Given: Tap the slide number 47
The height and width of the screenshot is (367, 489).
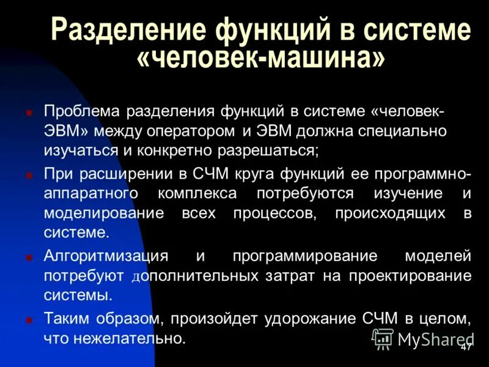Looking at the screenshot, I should click(466, 347).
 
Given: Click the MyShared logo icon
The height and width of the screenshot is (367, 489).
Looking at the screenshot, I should click(383, 338).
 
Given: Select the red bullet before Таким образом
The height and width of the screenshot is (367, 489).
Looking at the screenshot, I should click(29, 320).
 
